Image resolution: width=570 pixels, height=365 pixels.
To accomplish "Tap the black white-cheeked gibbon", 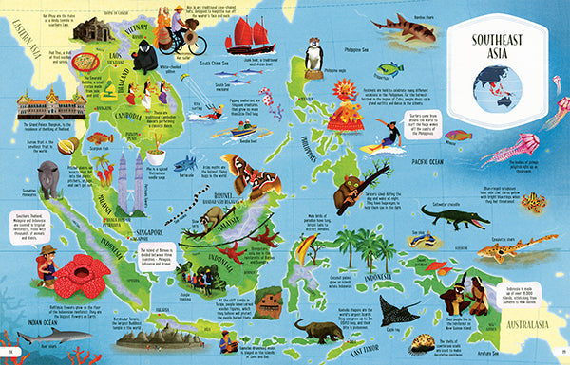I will pos(144,58).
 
